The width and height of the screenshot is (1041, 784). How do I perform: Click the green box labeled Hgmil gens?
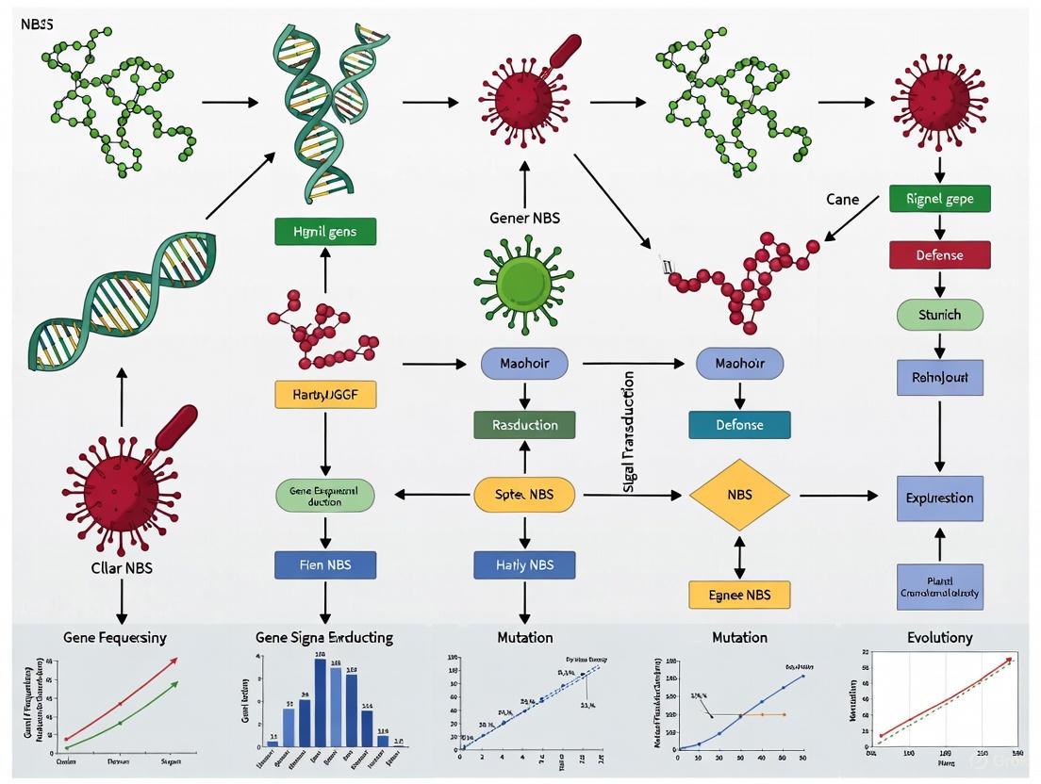pos(325,232)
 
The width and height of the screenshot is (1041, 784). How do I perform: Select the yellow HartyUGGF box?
pos(325,394)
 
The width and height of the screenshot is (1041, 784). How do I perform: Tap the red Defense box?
pos(939,254)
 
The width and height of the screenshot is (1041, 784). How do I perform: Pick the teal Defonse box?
pos(739,424)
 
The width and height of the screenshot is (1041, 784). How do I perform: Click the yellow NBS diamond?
pos(739,495)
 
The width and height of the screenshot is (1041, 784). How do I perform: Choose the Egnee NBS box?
pos(739,595)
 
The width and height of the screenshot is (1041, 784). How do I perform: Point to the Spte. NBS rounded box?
pos(524,495)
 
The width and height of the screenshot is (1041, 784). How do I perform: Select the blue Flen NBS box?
pos(325,564)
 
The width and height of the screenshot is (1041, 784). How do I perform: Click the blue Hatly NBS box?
pos(524,564)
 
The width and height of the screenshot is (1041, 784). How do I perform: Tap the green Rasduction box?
pos(524,424)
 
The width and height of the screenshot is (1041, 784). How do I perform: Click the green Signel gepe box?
pos(939,199)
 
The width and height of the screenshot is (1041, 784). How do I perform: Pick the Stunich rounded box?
pos(939,315)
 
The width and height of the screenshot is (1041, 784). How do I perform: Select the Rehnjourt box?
pos(939,377)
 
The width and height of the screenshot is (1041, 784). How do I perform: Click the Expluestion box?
pos(939,498)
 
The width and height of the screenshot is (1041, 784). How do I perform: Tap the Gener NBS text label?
pos(524,218)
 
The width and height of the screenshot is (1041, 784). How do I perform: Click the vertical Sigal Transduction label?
pos(629,432)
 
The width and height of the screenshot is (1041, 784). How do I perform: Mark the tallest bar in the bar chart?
pos(321,702)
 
